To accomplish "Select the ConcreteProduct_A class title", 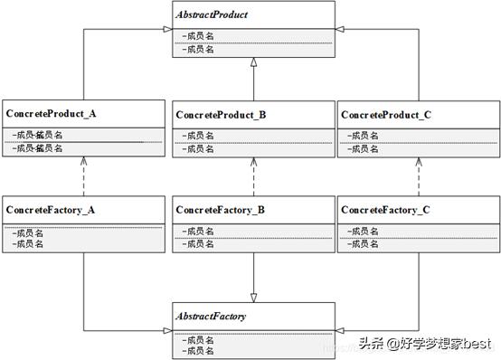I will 51,114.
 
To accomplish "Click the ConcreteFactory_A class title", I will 51,210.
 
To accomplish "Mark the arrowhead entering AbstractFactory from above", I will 254,296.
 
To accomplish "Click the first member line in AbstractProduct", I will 199,35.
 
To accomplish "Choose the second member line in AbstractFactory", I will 199,350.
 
